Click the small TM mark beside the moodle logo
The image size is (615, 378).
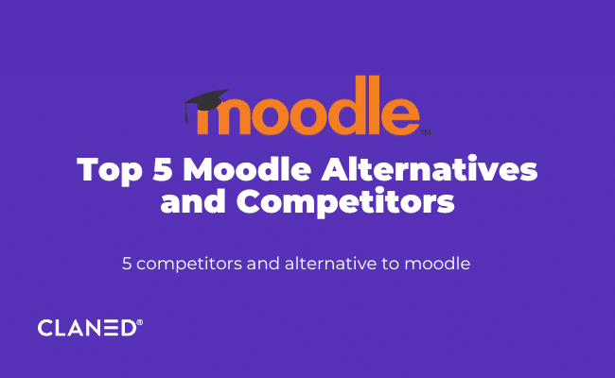point(425,133)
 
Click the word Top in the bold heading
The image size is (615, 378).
point(106,171)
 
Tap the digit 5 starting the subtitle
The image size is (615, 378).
point(127,264)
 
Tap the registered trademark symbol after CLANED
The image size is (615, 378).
point(140,322)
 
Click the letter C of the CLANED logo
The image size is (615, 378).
point(45,328)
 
